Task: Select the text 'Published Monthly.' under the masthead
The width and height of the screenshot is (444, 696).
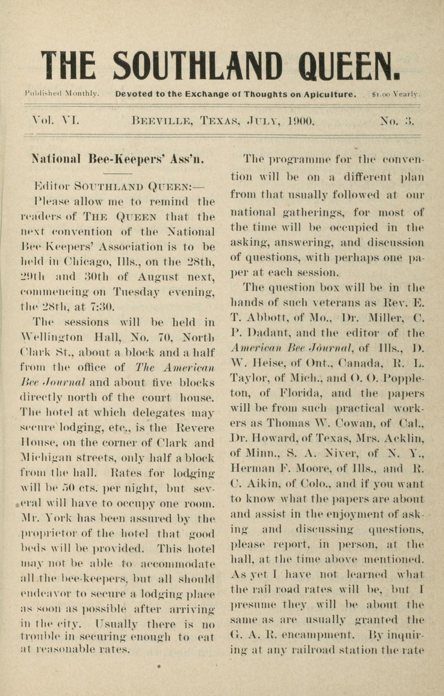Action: [x=62, y=94]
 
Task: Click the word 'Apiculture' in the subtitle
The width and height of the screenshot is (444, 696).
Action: [x=331, y=94]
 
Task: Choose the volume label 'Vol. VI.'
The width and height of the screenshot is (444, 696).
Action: [x=55, y=121]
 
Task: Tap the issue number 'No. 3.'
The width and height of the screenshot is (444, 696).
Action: [x=397, y=121]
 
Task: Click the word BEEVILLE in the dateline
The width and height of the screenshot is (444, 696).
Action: [x=162, y=122]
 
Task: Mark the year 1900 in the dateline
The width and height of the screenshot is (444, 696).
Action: [x=301, y=121]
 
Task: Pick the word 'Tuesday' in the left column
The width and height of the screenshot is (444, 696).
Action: [x=137, y=292]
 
